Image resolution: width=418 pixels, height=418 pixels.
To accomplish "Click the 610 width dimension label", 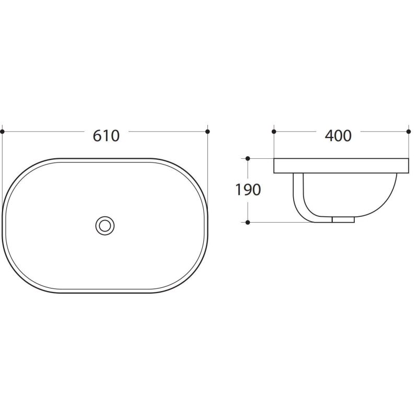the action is click(x=106, y=136).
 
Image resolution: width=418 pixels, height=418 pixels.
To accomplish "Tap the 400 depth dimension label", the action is click(x=338, y=136).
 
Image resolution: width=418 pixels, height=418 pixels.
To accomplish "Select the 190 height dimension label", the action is click(x=248, y=190).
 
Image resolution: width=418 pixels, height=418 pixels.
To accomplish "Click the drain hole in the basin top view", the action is click(x=105, y=226).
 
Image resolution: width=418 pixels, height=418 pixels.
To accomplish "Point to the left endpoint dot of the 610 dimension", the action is click(x=3, y=132).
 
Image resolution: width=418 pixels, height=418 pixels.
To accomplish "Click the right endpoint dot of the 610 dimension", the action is click(x=207, y=132).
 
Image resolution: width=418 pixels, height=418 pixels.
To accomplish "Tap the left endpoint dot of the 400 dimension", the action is click(x=274, y=132).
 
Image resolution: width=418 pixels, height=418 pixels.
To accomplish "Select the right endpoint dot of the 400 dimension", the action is click(x=409, y=132).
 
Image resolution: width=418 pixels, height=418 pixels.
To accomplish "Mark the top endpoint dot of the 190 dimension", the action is click(x=248, y=159).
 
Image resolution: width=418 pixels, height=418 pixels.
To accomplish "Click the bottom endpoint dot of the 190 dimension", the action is click(x=248, y=223).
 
